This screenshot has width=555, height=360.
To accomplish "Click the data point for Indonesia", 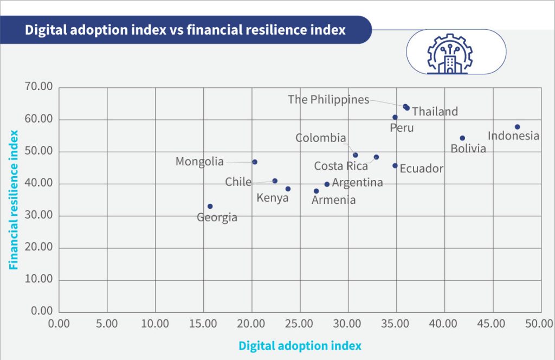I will coord(517,127).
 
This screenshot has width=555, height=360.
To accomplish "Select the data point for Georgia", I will coord(210,207).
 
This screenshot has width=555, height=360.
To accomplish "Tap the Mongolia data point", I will coord(255,162).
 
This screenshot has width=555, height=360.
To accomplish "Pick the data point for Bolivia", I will coord(462,138).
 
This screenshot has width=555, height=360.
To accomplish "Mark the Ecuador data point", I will coord(395,166).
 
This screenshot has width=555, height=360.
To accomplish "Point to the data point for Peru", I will coord(395,117).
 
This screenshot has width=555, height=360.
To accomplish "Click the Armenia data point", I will coord(317,191).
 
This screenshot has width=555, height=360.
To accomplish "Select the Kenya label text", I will coord(273,198).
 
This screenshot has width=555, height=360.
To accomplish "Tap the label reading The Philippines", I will coord(328,100).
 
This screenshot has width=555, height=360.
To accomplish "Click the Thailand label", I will coord(435,112).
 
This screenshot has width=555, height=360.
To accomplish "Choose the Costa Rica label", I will coord(341,166).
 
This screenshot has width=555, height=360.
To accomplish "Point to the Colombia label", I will coord(320,138).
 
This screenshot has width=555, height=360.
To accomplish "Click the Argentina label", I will coord(357,183).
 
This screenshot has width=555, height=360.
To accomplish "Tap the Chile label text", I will coord(238,182).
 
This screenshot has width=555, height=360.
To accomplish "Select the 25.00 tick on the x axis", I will coord(300,324).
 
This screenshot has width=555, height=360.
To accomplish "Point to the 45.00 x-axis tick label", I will coord(493,324).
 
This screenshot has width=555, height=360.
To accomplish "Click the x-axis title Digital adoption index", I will coord(300,345).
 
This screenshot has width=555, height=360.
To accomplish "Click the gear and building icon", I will coord(450,52).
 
